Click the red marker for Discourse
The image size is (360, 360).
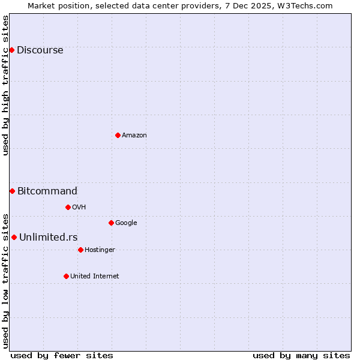[11, 50]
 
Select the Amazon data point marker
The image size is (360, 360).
[118, 135]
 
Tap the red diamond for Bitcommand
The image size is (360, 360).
[12, 191]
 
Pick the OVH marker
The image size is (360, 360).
[68, 207]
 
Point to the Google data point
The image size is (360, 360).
[111, 223]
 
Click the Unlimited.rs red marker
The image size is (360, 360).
[14, 237]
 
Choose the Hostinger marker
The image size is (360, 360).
[80, 250]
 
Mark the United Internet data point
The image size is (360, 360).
[66, 276]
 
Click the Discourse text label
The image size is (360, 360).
[40, 50]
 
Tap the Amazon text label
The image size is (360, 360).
[134, 135]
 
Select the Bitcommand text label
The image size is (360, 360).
[47, 191]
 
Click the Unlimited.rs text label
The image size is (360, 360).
[48, 237]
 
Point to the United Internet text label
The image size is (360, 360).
[94, 276]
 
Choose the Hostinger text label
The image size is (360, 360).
[100, 250]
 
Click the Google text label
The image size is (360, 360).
[126, 223]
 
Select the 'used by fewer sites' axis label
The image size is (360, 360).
[62, 355]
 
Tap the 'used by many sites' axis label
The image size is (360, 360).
[301, 355]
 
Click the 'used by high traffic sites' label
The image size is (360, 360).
[5, 85]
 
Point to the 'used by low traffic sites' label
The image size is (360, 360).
[5, 280]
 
